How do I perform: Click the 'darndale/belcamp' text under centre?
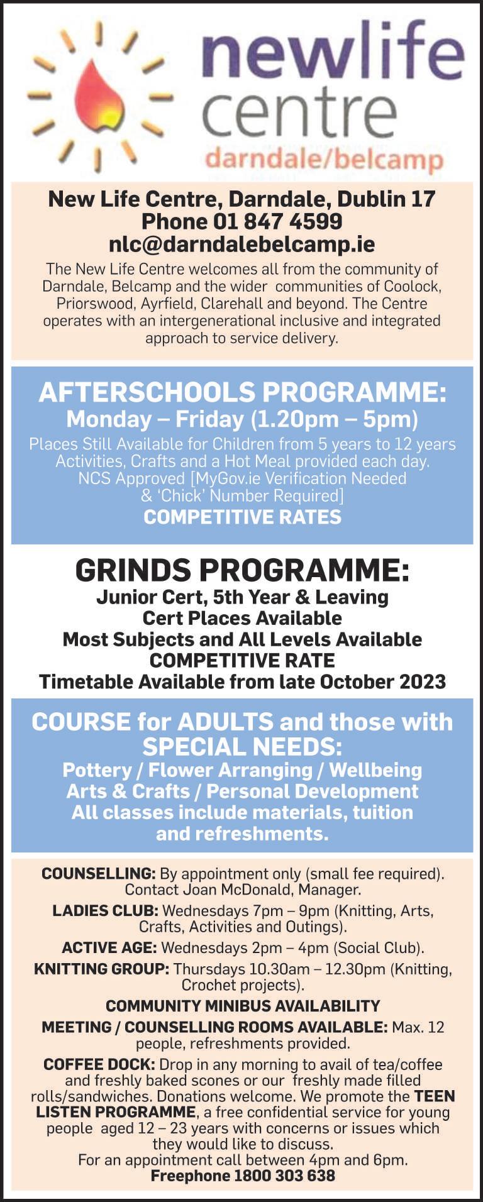(323, 158)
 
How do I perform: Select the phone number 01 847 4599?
(277, 221)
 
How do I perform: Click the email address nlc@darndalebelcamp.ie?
(241, 244)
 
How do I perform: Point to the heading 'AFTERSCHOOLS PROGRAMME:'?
(242, 392)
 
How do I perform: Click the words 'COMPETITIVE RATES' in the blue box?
(242, 517)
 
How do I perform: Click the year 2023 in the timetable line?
(421, 681)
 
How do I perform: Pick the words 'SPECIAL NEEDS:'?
(242, 747)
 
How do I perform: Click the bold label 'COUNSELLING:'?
(98, 874)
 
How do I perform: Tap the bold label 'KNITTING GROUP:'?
(101, 969)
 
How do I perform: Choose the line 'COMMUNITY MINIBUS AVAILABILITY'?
(242, 1006)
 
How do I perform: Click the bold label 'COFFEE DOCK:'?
(99, 1064)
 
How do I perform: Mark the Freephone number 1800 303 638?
(284, 1176)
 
